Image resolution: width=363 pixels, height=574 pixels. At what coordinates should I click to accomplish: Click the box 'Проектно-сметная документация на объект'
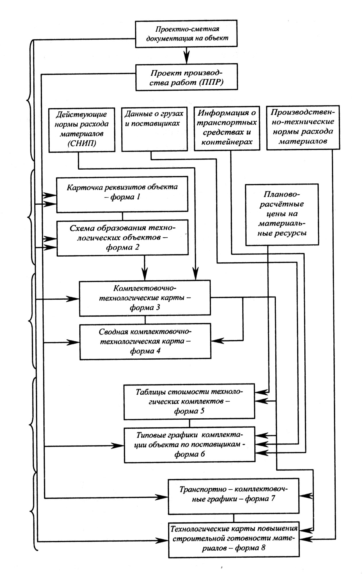click(186, 33)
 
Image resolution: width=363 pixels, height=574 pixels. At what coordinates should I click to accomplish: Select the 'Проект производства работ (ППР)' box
click(187, 77)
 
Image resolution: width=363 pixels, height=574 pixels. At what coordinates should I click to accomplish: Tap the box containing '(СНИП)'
click(82, 130)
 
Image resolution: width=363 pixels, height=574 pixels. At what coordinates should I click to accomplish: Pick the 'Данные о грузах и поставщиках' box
click(154, 129)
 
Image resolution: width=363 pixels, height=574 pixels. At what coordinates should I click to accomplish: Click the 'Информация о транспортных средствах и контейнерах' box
click(227, 128)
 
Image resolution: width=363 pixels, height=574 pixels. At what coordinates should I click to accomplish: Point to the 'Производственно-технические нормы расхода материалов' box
click(303, 127)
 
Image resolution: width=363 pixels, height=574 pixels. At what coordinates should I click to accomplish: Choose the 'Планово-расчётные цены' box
click(282, 215)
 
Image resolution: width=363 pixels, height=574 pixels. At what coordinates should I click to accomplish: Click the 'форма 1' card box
click(122, 194)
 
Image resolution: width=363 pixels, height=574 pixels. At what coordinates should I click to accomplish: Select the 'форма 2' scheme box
click(123, 238)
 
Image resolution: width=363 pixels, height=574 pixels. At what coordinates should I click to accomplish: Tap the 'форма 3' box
click(145, 298)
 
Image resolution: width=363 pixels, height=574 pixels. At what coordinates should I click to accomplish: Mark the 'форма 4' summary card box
click(145, 342)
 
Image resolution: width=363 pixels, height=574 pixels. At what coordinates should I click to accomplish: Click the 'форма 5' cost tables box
click(189, 402)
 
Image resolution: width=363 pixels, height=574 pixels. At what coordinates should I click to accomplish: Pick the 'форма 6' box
click(189, 445)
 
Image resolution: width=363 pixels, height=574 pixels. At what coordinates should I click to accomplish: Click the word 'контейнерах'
click(227, 142)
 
